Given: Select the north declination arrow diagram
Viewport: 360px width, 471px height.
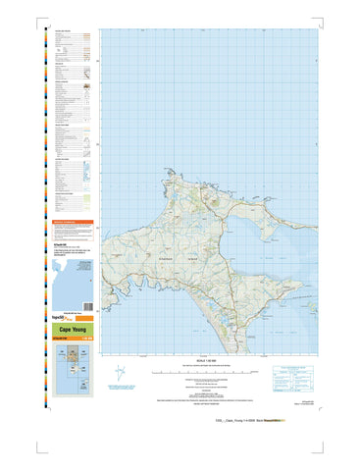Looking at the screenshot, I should pos(121,374).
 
